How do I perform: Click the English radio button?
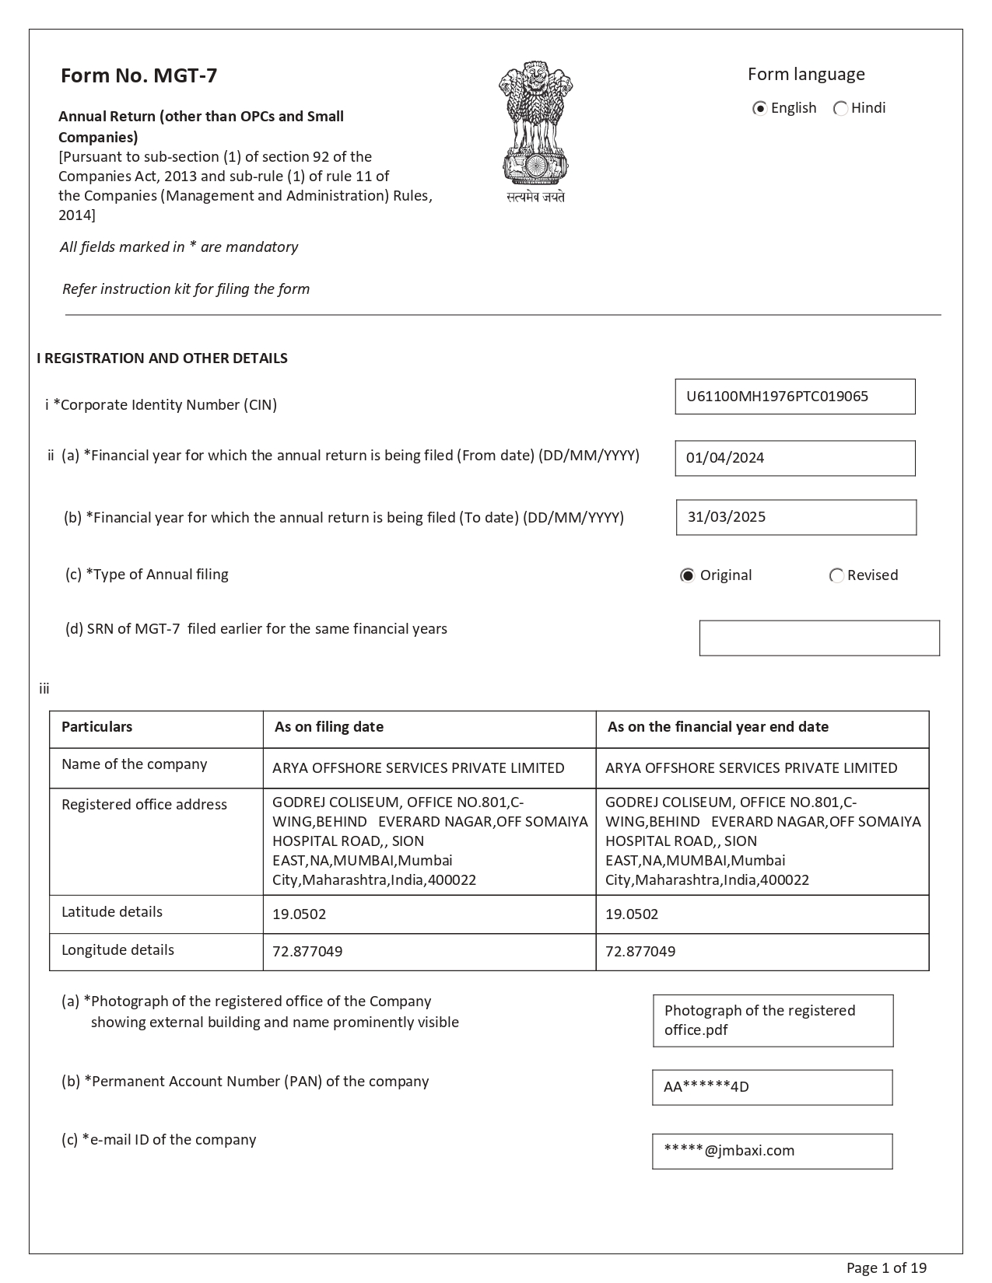[x=760, y=108]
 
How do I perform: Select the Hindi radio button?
[x=840, y=108]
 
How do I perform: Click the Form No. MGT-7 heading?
[x=139, y=75]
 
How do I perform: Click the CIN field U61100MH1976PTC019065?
[x=794, y=397]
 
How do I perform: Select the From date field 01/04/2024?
[x=794, y=458]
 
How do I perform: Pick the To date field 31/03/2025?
[x=796, y=517]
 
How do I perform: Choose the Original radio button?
[x=688, y=575]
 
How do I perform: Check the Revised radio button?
[x=837, y=575]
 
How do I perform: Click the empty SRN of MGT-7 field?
[x=819, y=638]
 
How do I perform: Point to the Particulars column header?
[x=97, y=727]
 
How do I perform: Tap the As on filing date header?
[x=329, y=727]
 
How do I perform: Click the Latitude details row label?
[x=112, y=912]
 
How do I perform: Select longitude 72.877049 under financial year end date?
[x=640, y=951]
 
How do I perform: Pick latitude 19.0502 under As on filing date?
[x=300, y=914]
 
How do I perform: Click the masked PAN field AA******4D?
[x=772, y=1087]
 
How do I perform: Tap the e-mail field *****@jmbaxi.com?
[x=772, y=1151]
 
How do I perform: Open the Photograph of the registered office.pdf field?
[x=773, y=1020]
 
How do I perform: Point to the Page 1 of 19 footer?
[x=886, y=1268]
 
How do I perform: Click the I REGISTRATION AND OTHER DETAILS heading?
[x=162, y=358]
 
